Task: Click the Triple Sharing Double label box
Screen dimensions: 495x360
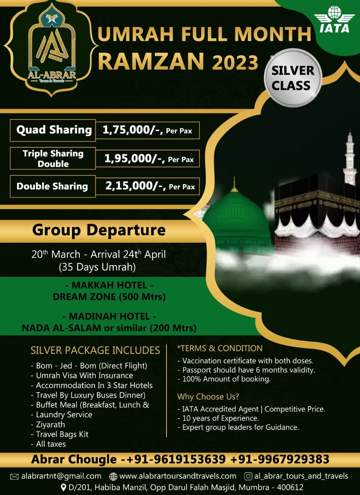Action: tap(53, 159)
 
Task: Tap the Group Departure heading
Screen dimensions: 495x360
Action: tap(99, 230)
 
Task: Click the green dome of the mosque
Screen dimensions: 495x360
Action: tap(235, 217)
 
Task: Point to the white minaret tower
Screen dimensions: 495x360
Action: tap(349, 159)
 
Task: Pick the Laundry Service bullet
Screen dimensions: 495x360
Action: tap(64, 415)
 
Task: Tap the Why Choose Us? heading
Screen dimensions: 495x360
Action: tap(208, 397)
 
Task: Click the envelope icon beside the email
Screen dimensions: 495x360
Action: tap(14, 476)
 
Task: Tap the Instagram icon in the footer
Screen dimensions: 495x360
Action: tap(249, 476)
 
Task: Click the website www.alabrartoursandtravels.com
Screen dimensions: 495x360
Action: tap(178, 476)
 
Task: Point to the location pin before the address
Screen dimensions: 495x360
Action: tap(63, 487)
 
